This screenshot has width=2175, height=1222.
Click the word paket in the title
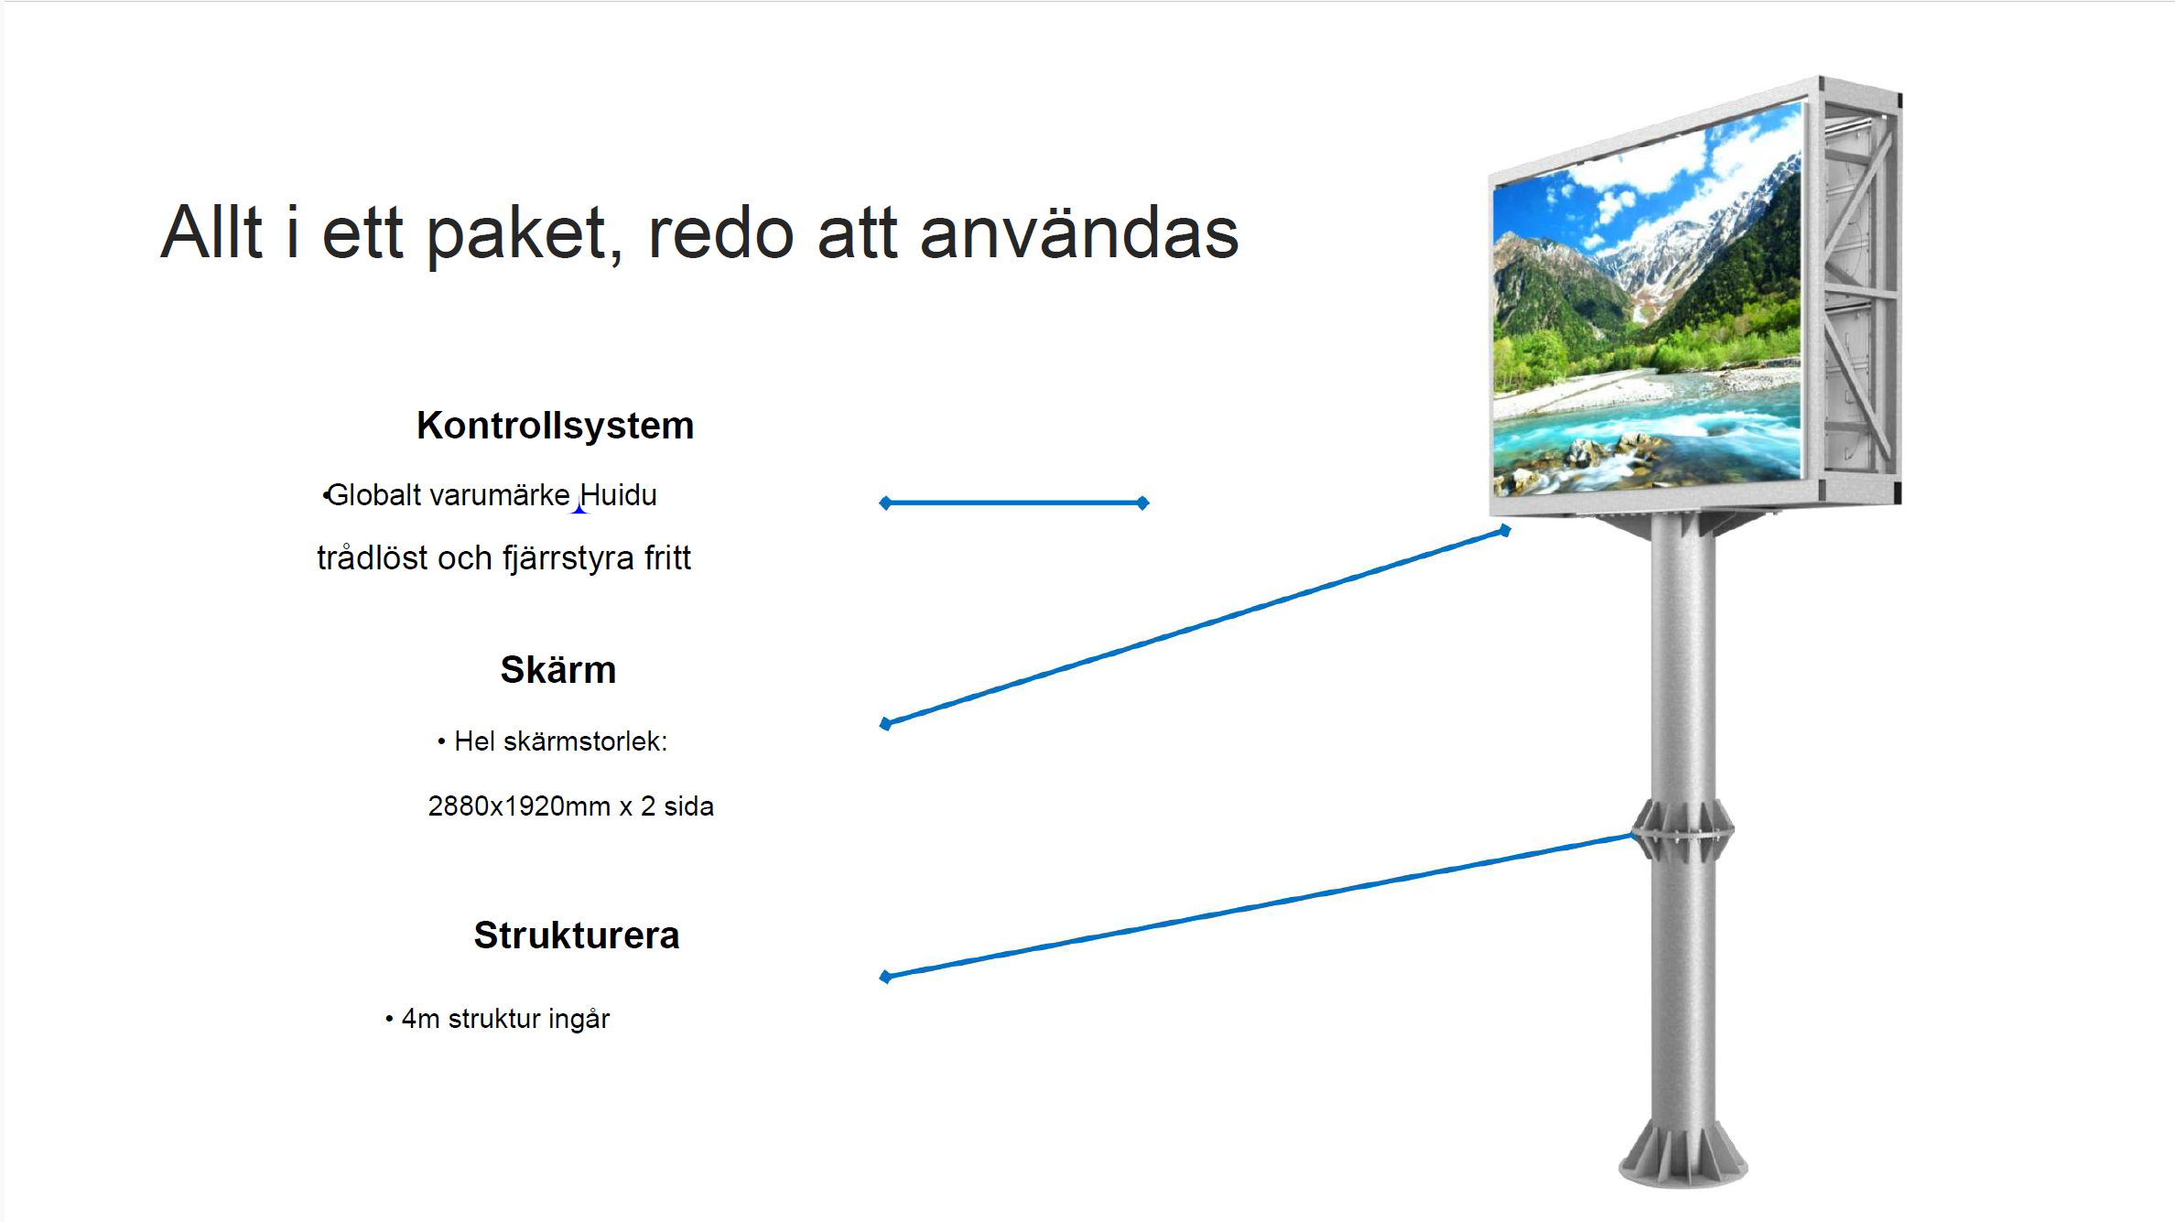525,234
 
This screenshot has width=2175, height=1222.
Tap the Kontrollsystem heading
556,426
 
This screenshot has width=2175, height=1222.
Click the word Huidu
618,495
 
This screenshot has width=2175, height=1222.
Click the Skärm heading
558,669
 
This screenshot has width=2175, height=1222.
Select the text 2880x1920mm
519,806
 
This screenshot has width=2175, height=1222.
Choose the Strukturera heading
577,935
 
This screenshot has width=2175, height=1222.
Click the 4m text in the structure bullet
421,1019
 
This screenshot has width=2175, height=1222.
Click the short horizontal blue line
1014,503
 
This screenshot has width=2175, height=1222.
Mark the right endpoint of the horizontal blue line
1143,503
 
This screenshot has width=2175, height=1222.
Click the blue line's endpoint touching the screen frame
1505,530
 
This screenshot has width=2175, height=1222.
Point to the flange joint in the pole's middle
1683,831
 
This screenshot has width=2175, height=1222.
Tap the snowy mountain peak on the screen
1693,238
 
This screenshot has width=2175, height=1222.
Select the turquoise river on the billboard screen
1648,430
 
